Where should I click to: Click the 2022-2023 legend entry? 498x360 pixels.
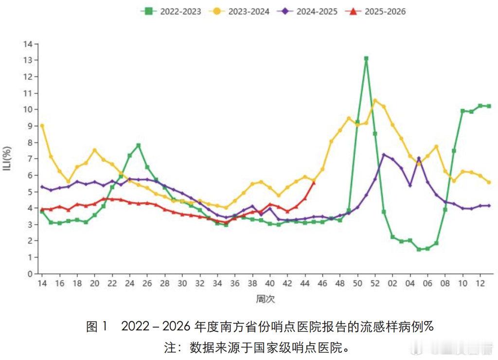[171, 12]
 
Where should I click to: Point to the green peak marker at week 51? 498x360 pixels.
[366, 58]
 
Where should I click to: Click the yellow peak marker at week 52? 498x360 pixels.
[375, 101]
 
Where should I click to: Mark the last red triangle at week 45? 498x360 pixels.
[314, 182]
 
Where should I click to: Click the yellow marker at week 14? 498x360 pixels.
[42, 126]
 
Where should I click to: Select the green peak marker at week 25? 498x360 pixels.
[139, 145]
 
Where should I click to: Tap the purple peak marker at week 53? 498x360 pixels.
[384, 155]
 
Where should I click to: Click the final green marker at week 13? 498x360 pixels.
[489, 106]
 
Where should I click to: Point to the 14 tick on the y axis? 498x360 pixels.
[29, 44]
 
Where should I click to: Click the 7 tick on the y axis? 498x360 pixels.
[30, 159]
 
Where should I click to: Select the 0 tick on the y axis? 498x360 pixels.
[30, 273]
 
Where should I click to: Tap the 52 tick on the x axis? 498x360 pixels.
[374, 283]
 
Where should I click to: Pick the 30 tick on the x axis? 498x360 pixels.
[182, 283]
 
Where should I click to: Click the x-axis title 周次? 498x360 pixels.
[265, 299]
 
